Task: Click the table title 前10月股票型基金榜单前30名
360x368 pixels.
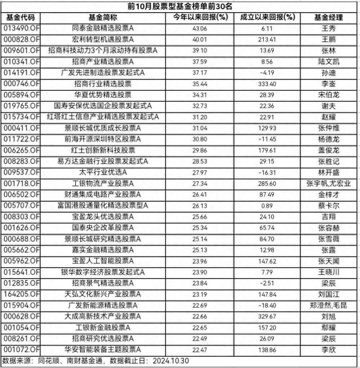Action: pyautogui.click(x=180, y=6)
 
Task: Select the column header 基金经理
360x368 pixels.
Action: pyautogui.click(x=329, y=17)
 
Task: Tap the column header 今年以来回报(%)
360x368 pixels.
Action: pyautogui.click(x=200, y=17)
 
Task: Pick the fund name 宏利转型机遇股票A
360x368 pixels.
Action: pyautogui.click(x=103, y=39)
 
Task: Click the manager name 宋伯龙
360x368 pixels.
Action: pyautogui.click(x=329, y=95)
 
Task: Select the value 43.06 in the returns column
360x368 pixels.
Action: pyautogui.click(x=200, y=28)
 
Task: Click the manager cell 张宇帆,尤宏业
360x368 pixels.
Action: pyautogui.click(x=329, y=184)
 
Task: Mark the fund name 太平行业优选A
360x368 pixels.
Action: pyautogui.click(x=103, y=172)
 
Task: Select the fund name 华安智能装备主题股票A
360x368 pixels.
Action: pyautogui.click(x=103, y=350)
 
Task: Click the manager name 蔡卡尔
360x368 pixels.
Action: pyautogui.click(x=329, y=206)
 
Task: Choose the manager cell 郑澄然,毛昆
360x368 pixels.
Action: pyautogui.click(x=329, y=305)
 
